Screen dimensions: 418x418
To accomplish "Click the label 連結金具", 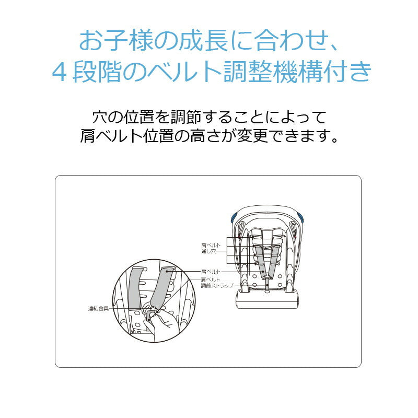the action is pyautogui.click(x=98, y=308).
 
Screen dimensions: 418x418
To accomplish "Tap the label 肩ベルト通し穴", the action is pyautogui.click(x=211, y=248).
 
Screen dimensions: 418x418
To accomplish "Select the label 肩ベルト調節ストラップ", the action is pyautogui.click(x=217, y=283).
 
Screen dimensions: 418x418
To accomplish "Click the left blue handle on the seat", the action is pyautogui.click(x=234, y=217).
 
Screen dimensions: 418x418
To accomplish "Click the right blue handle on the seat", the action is pyautogui.click(x=301, y=217).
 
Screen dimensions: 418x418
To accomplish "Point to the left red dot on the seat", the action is pyautogui.click(x=239, y=237).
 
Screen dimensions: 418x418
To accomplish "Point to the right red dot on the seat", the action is pyautogui.click(x=295, y=237).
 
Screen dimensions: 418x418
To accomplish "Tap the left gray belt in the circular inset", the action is pyautogui.click(x=135, y=288).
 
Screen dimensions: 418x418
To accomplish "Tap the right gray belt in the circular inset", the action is pyautogui.click(x=162, y=289).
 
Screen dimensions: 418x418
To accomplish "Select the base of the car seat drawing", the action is pyautogui.click(x=268, y=300).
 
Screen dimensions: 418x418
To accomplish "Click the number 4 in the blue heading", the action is pyautogui.click(x=59, y=72).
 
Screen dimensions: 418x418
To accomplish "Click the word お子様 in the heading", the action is pyautogui.click(x=117, y=41).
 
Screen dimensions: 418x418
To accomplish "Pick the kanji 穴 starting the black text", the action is pyautogui.click(x=99, y=117).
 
